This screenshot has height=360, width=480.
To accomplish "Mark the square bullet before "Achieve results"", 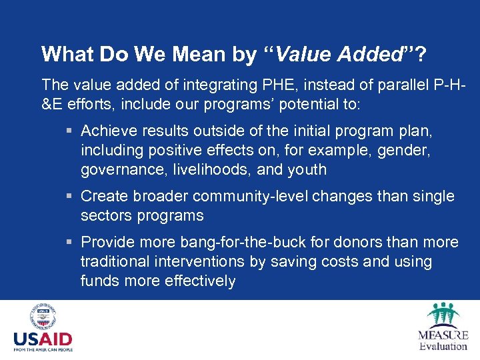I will point(70,129).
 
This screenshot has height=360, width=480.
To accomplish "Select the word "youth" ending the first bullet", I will point(306,169).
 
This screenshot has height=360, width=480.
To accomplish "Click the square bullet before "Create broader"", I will point(70,197).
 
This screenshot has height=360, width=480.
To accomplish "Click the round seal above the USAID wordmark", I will point(43,317).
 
